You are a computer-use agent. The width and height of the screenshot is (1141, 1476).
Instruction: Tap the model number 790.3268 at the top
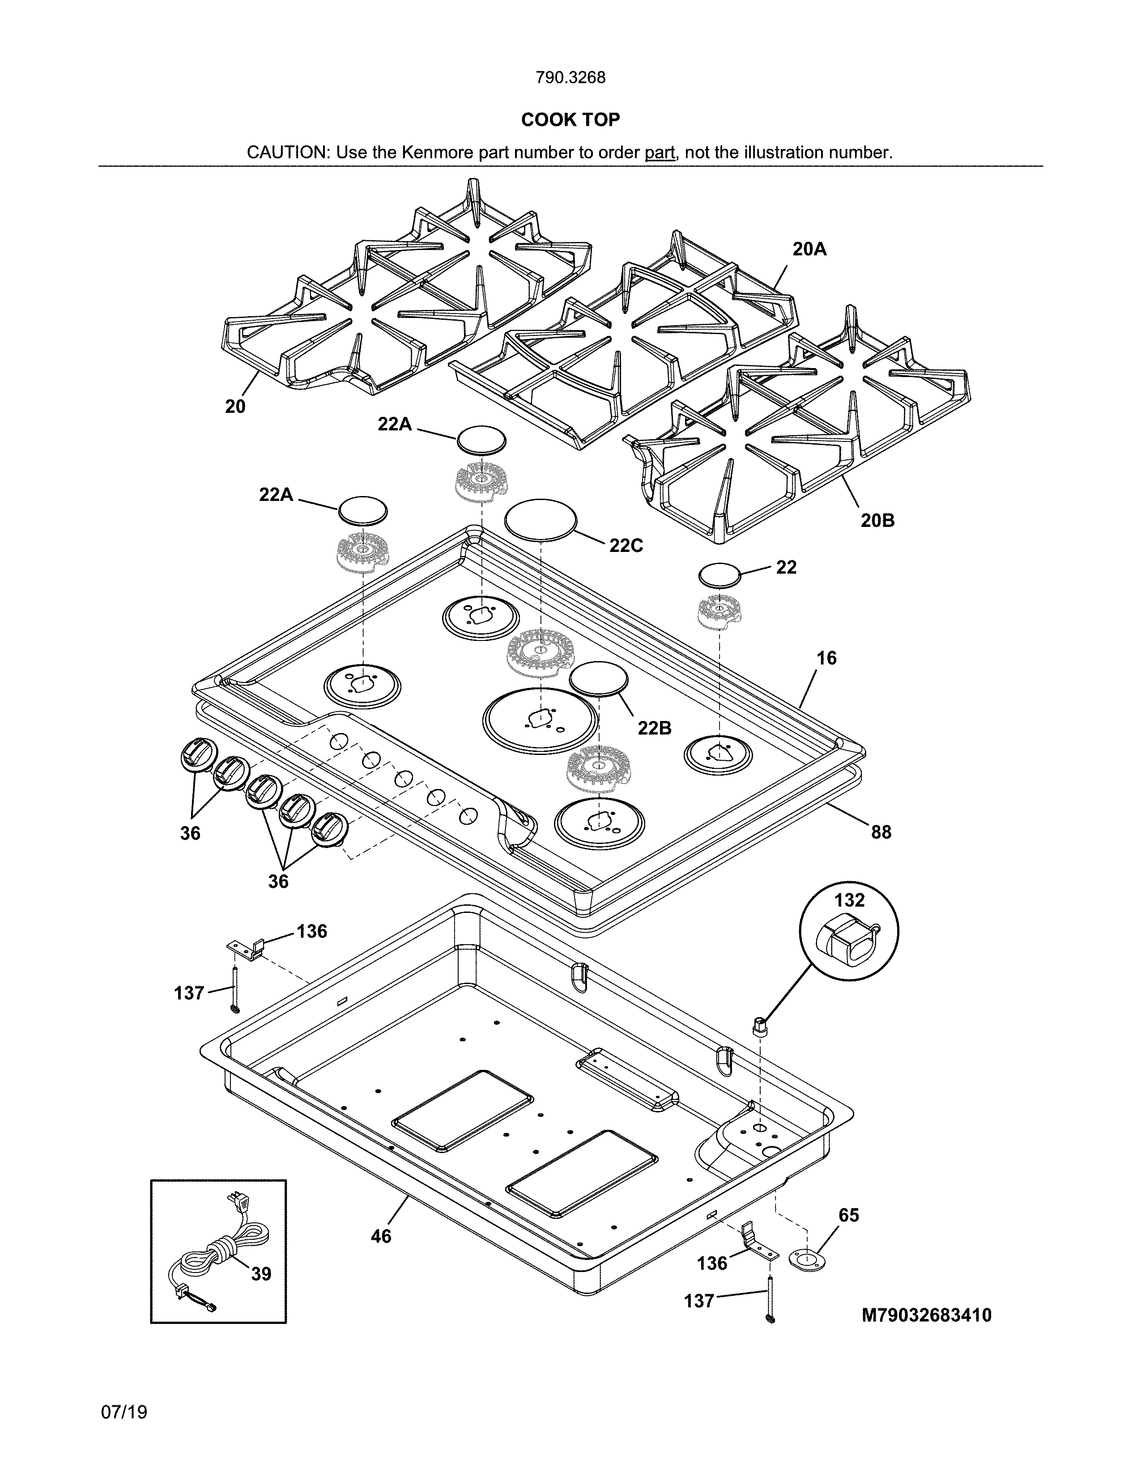[570, 78]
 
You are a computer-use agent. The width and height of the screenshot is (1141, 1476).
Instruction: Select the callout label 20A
[809, 250]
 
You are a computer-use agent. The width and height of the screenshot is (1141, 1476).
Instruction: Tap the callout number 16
[826, 657]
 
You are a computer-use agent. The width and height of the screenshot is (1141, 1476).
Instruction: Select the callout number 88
[881, 832]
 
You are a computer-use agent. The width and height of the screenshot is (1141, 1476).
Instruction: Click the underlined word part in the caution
[660, 153]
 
